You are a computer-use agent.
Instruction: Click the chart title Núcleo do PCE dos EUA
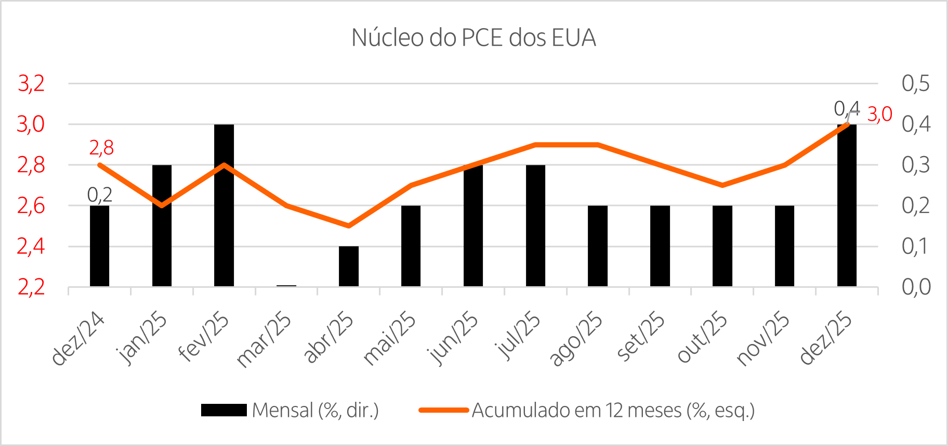[473, 38]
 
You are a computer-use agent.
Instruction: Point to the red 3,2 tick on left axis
[31, 83]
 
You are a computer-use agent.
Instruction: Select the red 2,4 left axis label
[31, 247]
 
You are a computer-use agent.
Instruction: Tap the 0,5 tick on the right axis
[916, 83]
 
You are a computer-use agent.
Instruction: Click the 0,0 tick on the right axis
[916, 287]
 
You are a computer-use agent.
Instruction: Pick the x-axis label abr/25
[328, 337]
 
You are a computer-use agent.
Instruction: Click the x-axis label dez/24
[79, 338]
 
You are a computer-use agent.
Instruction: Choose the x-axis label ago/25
[576, 339]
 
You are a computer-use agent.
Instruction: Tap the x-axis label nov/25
[763, 338]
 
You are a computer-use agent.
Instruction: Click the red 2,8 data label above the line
[101, 148]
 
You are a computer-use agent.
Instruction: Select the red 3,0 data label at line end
[880, 114]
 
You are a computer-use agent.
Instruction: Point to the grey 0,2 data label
[100, 195]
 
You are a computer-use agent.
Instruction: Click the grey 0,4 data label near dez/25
[846, 108]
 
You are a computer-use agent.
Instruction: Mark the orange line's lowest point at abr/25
[348, 226]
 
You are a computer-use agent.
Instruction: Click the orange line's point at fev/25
[224, 165]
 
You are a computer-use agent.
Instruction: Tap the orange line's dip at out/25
[722, 185]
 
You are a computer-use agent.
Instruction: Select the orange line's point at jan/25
[162, 206]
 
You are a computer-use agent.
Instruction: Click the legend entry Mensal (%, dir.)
[315, 411]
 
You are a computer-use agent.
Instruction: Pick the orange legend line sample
[444, 411]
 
